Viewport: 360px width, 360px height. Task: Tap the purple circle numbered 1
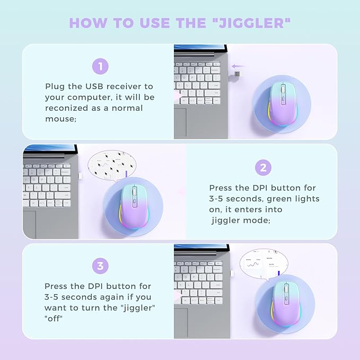point(100,66)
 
